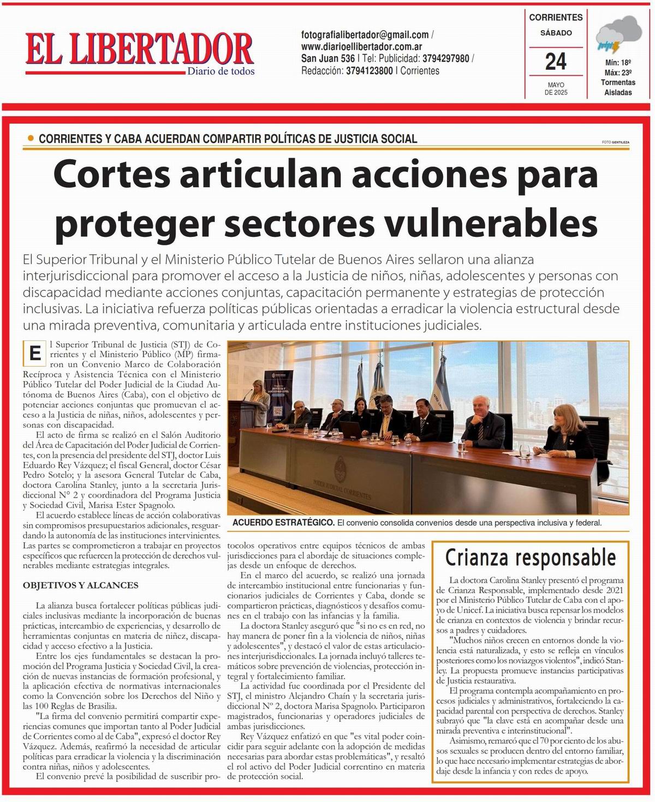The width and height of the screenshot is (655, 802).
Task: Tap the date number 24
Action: (x=556, y=61)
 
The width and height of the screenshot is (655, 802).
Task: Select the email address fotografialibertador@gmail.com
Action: (x=365, y=35)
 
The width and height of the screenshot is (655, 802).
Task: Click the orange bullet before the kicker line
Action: (x=31, y=138)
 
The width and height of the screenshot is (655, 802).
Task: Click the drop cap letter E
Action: (x=34, y=354)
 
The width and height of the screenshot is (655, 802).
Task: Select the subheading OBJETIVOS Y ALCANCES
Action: (x=80, y=585)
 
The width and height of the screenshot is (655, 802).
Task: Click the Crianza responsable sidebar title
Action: (x=530, y=558)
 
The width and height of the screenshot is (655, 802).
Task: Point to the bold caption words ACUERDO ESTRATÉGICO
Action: (x=283, y=522)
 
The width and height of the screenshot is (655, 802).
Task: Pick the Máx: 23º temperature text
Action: (x=618, y=73)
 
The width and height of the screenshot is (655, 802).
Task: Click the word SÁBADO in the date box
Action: (x=556, y=33)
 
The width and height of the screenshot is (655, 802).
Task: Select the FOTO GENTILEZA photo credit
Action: (x=615, y=142)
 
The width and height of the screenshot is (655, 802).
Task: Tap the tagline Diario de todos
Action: (x=221, y=71)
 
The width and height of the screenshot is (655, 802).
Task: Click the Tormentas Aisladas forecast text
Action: (x=618, y=87)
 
